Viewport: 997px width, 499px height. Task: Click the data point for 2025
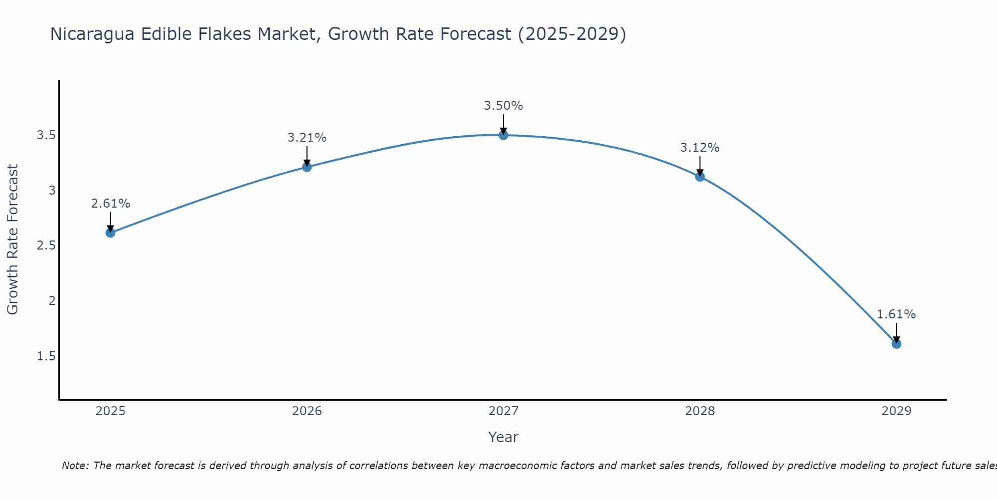tap(111, 233)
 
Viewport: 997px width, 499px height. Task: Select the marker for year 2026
tap(307, 167)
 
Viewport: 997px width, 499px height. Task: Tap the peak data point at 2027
tap(503, 135)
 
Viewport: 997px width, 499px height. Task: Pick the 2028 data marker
tap(700, 176)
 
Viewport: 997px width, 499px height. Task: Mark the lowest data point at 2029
tap(896, 344)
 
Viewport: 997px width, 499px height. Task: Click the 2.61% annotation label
tap(111, 204)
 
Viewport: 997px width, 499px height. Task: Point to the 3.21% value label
tap(307, 138)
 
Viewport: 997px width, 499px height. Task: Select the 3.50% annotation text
tap(503, 106)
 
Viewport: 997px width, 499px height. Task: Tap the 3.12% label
tap(700, 148)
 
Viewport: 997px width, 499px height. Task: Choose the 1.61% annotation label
tap(896, 314)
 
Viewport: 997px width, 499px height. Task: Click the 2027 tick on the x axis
tap(503, 411)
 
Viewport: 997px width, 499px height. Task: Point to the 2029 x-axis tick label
tap(896, 411)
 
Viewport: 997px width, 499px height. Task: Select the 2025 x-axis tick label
tap(111, 411)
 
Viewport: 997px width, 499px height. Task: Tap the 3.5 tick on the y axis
tap(46, 135)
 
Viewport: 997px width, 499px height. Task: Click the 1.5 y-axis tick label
tap(46, 356)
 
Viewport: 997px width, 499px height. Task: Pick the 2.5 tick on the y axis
tap(46, 246)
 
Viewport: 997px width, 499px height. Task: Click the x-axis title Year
tap(503, 437)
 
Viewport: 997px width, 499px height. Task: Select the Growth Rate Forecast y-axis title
tap(13, 240)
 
